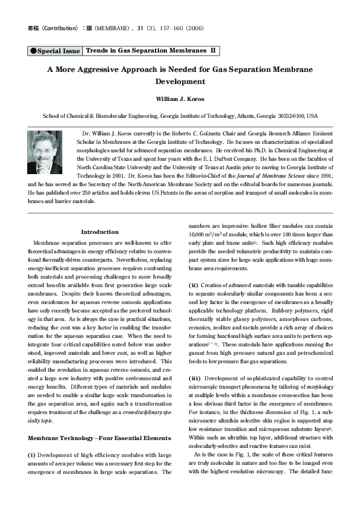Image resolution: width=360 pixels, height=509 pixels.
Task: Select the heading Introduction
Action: pyautogui.click(x=100, y=232)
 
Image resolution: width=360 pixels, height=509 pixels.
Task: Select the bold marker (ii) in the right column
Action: pyautogui.click(x=194, y=284)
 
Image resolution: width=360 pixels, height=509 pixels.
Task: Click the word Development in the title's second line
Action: pyautogui.click(x=180, y=82)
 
